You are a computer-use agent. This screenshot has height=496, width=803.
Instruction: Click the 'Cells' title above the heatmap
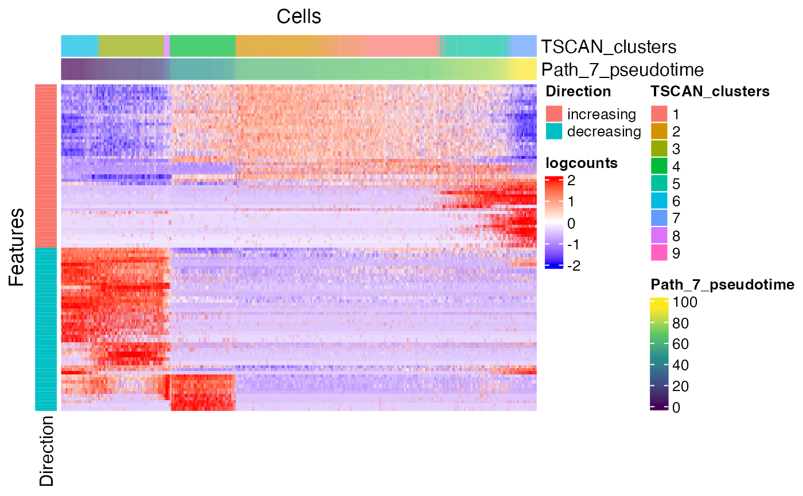[299, 17]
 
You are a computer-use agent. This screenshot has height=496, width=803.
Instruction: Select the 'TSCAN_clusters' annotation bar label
[609, 46]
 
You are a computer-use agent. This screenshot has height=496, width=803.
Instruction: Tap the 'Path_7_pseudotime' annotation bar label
[622, 70]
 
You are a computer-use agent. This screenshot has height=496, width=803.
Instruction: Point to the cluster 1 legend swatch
[659, 114]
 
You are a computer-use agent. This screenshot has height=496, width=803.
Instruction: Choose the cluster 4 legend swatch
[659, 166]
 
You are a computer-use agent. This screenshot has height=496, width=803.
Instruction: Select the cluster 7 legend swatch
[659, 218]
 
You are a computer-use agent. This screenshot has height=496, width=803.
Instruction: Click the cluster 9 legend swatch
[659, 253]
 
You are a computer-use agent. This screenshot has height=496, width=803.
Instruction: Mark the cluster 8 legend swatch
[659, 236]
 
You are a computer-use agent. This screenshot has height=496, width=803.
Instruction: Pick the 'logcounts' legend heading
[582, 163]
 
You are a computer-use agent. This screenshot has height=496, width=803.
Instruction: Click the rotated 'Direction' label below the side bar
[46, 451]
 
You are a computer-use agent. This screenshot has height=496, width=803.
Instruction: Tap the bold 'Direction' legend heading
[578, 91]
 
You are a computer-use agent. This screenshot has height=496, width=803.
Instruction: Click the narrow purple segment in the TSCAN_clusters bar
[166, 46]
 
